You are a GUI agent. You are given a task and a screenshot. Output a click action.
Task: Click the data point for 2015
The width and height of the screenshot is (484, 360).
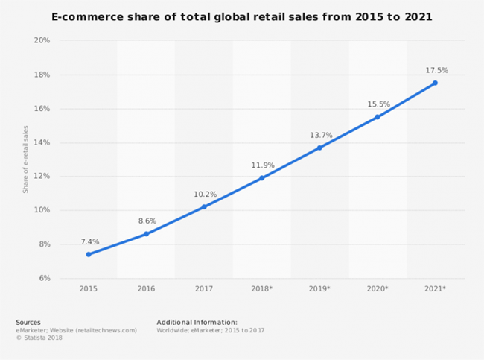pos(89,254)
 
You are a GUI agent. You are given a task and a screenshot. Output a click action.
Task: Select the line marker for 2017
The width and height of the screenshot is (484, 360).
pos(204,206)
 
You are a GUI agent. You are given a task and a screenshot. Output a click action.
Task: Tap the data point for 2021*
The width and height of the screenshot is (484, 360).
pos(436,83)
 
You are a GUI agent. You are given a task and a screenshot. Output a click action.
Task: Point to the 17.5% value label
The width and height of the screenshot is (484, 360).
pos(436,71)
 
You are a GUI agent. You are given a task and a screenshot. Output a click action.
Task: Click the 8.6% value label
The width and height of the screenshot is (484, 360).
pos(147,221)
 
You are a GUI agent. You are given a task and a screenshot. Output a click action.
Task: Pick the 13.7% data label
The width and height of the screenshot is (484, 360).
pos(320,135)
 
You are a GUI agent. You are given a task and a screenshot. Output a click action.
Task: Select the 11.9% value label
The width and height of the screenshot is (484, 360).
pos(262,165)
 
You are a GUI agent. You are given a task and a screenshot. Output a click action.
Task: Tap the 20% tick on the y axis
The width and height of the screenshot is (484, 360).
pos(42,40)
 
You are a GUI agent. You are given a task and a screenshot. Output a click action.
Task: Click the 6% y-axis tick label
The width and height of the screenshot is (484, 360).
pos(43,278)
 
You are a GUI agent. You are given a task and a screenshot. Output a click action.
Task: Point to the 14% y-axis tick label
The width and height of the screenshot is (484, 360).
pos(42,142)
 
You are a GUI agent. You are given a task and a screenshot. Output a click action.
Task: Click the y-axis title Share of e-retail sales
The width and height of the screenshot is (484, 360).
pos(25,160)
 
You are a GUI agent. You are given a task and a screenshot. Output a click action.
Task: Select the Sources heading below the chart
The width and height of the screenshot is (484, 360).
pos(28,322)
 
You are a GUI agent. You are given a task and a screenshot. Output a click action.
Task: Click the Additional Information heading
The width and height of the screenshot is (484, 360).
pos(197,322)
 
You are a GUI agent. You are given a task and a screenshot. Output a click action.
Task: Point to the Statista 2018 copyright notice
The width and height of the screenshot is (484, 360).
pos(39,338)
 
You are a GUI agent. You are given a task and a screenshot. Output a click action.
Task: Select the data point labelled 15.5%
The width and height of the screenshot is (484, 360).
pos(378,116)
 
